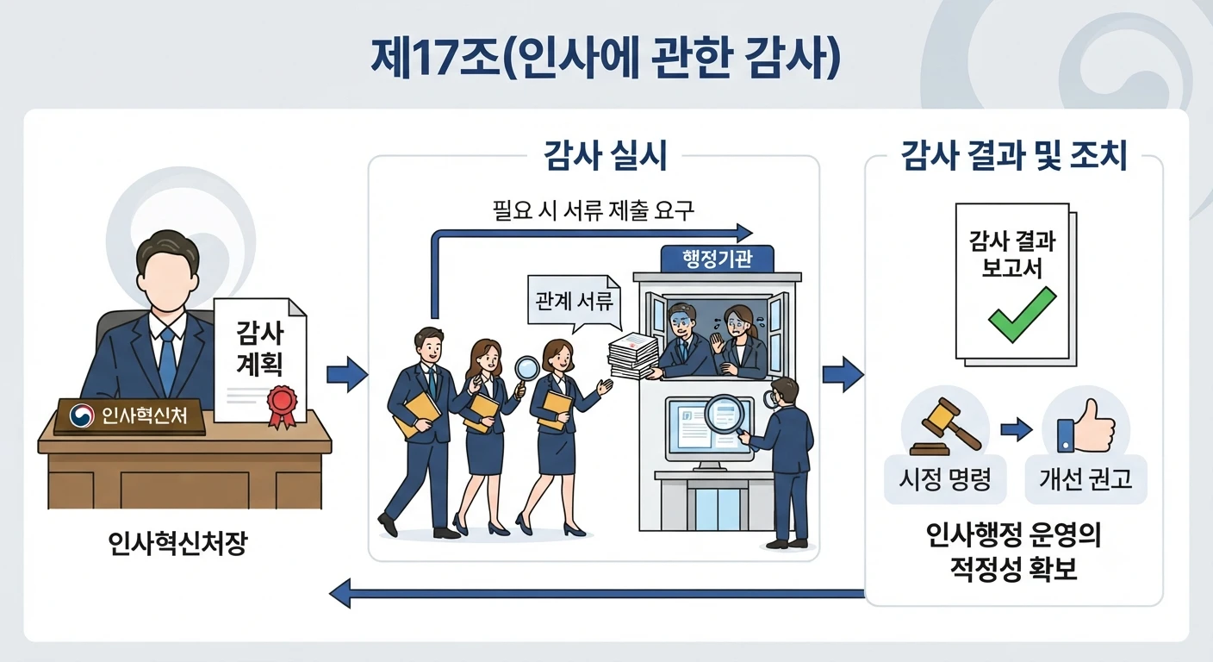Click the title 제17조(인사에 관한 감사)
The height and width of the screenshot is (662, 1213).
tap(606, 58)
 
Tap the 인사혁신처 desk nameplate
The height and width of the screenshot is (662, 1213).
tap(129, 416)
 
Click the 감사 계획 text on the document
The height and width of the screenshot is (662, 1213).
tap(260, 347)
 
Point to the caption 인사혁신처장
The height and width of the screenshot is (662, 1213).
tap(177, 543)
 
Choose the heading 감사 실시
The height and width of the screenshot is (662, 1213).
tap(605, 155)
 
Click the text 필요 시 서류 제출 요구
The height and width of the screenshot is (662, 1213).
tap(593, 210)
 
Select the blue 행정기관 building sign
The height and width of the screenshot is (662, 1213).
tap(717, 259)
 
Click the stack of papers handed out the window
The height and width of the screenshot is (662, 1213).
tap(633, 356)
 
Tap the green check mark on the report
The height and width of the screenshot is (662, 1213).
tap(1022, 315)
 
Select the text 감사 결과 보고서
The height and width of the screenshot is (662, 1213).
tap(1012, 254)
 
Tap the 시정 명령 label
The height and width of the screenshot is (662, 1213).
tap(945, 479)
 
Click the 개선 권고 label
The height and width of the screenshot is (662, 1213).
tap(1085, 479)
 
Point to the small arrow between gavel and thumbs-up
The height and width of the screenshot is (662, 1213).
tap(1017, 429)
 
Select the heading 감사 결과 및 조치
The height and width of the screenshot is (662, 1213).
tap(1014, 155)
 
